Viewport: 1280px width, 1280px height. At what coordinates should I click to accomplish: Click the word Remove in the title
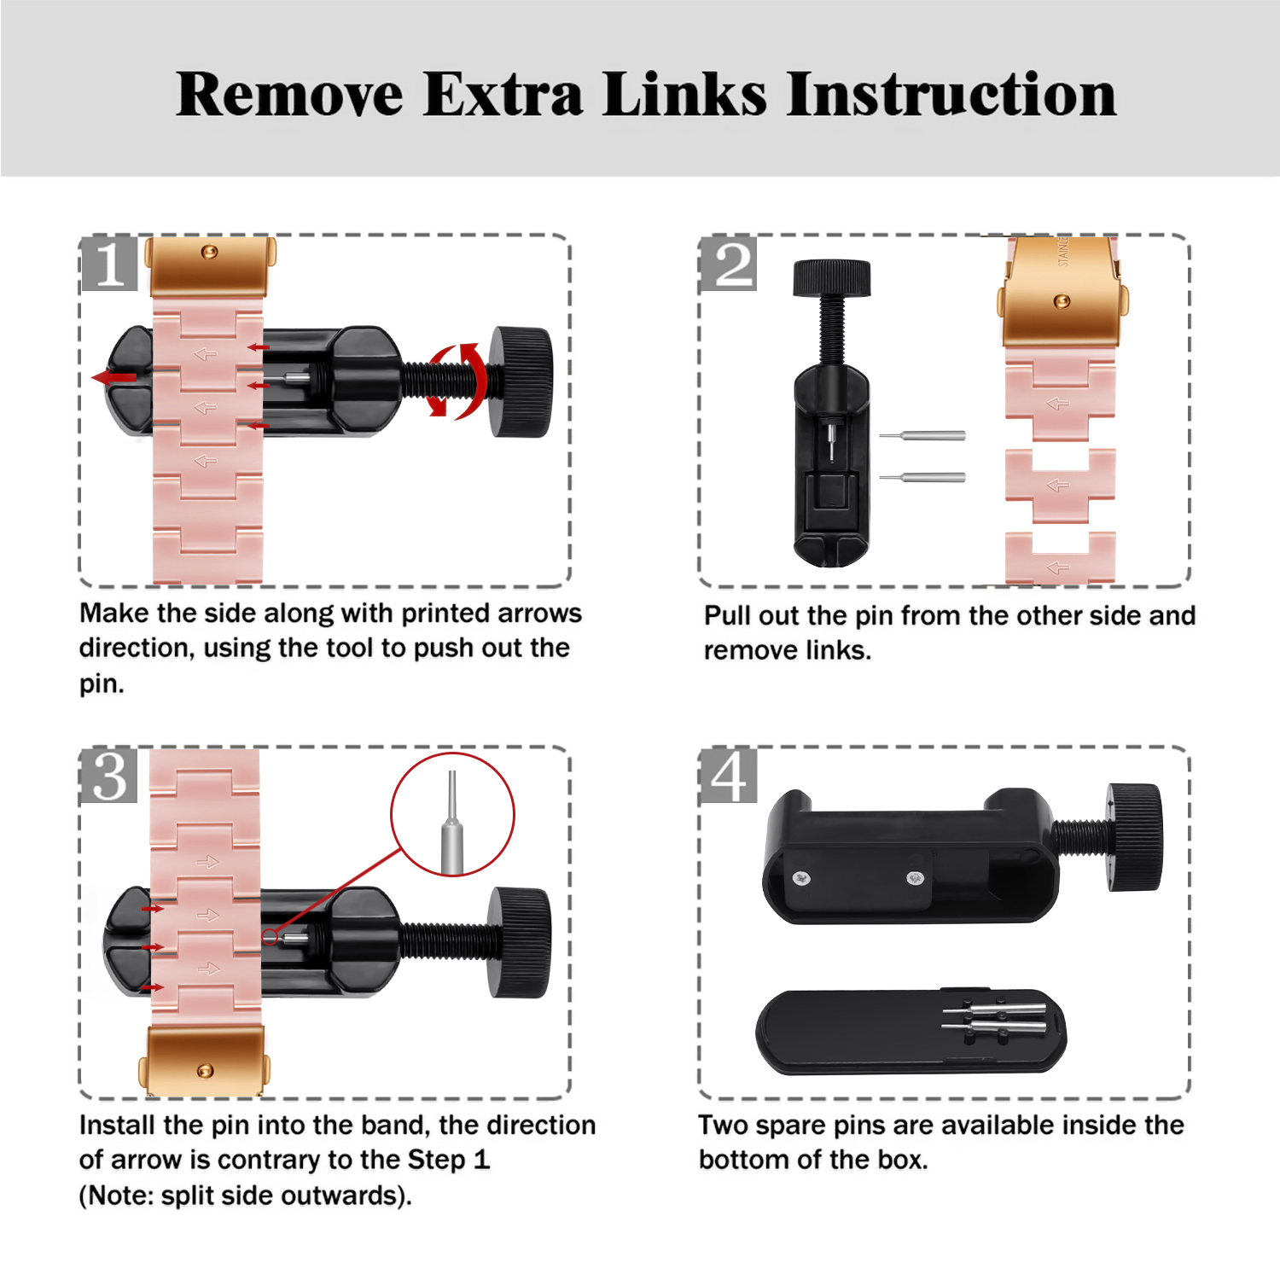(289, 94)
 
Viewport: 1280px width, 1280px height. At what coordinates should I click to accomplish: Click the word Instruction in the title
(951, 94)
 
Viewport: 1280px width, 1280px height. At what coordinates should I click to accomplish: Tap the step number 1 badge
(110, 263)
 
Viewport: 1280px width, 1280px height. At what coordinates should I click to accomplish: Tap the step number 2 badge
(728, 263)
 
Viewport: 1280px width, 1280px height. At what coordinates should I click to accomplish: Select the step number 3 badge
(109, 776)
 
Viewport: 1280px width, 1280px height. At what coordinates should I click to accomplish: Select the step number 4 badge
(728, 776)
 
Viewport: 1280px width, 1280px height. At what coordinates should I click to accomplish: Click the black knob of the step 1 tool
(521, 381)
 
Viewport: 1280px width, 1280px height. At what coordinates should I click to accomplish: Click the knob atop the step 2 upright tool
(832, 278)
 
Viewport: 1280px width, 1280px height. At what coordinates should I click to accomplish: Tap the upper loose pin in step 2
(922, 435)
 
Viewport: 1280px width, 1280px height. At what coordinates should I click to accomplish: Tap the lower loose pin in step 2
(922, 477)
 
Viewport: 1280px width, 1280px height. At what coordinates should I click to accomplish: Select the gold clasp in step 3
(204, 1061)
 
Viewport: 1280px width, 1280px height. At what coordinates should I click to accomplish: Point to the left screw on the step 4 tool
(801, 878)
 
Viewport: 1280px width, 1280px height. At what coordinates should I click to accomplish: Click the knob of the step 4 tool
(1135, 837)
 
